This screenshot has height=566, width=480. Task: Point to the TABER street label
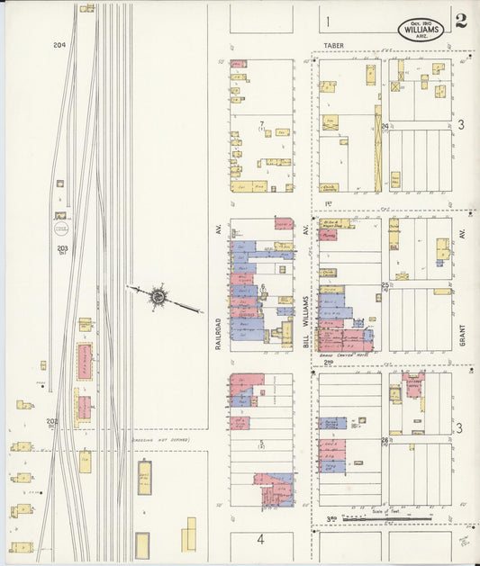(334, 43)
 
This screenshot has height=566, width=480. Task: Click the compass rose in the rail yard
(158, 295)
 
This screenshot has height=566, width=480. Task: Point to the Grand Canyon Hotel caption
(339, 355)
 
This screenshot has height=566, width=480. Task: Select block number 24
(385, 127)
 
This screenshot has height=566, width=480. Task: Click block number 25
(385, 286)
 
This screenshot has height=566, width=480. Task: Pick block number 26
(385, 440)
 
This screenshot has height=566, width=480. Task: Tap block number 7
(262, 123)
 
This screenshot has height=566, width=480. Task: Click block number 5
(261, 441)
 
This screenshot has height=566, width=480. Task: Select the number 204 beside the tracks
(59, 45)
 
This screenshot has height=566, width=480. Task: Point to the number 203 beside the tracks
(62, 248)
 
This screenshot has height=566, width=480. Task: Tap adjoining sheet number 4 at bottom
(260, 540)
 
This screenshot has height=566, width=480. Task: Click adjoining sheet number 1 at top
(329, 21)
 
